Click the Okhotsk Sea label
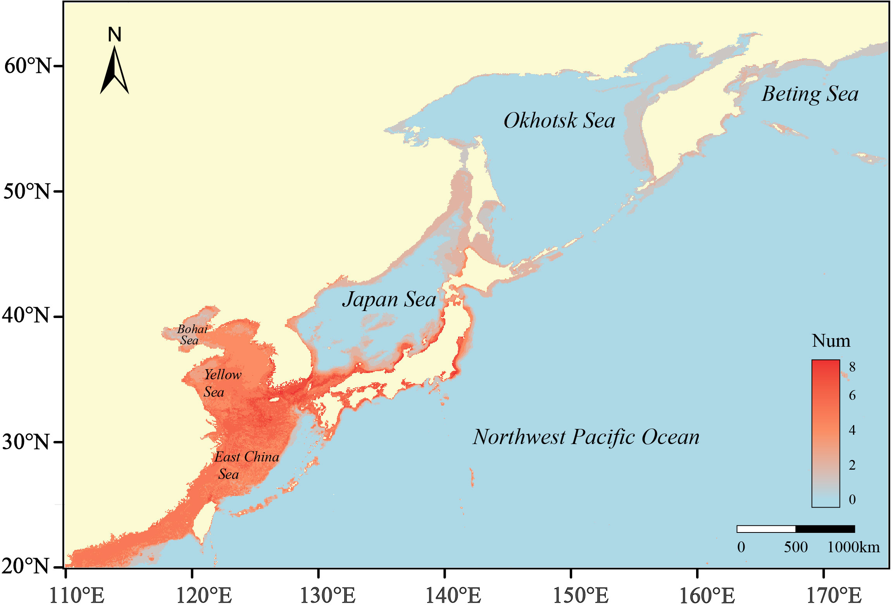click(x=559, y=121)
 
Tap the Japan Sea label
click(x=389, y=299)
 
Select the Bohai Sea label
click(x=192, y=335)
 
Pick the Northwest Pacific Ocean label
click(x=586, y=437)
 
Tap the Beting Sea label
click(x=810, y=94)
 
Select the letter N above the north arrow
click(x=115, y=35)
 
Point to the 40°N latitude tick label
click(x=26, y=316)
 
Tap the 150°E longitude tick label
click(x=581, y=595)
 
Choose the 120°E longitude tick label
click(x=204, y=595)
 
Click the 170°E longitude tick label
click(x=834, y=595)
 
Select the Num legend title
click(x=831, y=341)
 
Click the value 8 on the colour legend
click(x=852, y=367)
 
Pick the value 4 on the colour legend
click(x=852, y=430)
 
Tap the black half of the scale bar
click(x=825, y=529)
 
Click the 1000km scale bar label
click(x=853, y=547)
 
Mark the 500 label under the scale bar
click(x=796, y=547)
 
